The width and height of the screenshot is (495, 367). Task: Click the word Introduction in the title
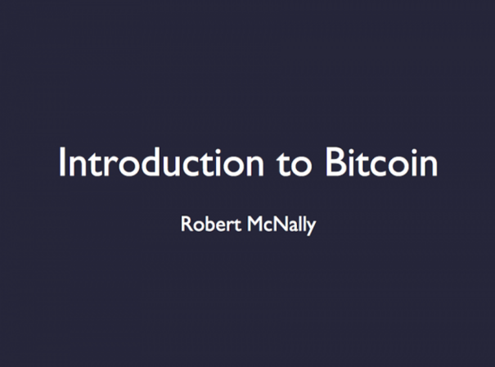coord(161,161)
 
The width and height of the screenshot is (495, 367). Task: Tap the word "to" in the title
coord(295,164)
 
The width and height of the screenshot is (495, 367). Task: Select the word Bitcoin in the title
coord(381,161)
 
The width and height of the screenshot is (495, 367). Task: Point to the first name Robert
coord(211,224)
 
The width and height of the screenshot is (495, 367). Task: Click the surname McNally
coord(281,225)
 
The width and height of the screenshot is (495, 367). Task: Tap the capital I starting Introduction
coord(61,161)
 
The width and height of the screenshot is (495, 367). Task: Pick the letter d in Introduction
coord(154,161)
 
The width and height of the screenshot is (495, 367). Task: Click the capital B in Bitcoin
coord(335,161)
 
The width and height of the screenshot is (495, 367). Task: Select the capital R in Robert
coord(186,224)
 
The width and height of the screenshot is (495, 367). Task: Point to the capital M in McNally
coord(256,224)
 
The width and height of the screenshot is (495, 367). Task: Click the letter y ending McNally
coord(311,229)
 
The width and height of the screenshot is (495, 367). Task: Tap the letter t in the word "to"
coord(283,164)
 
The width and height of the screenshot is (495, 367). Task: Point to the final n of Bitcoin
coord(429,165)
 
